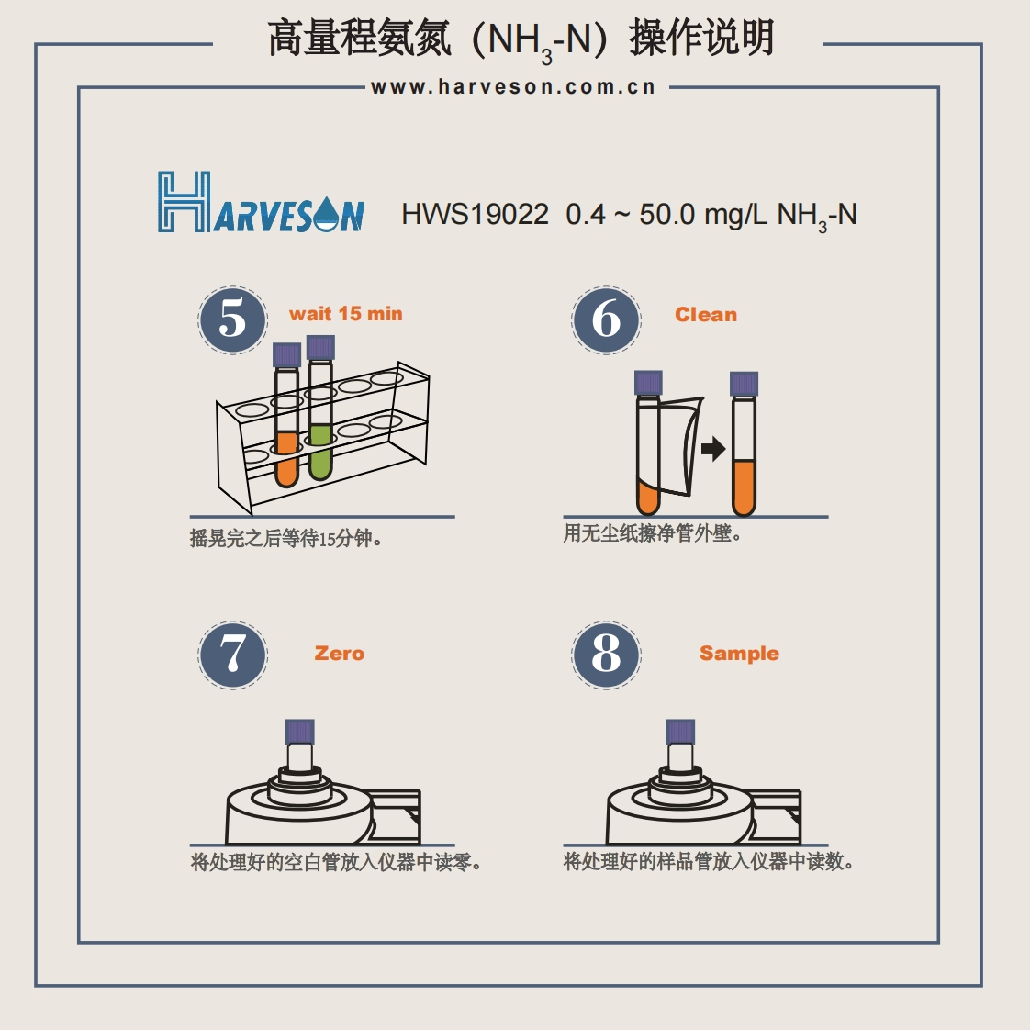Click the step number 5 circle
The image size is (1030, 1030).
click(232, 319)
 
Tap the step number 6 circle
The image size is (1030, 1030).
click(606, 319)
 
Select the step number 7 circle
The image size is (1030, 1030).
click(232, 655)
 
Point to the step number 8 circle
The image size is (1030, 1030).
click(606, 655)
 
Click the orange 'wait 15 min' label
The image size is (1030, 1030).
click(345, 314)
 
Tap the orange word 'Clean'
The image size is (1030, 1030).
click(706, 315)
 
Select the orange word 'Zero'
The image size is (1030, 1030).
click(339, 653)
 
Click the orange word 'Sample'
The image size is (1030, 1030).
click(739, 654)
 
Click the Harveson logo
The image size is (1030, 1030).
click(261, 202)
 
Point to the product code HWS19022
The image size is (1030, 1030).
click(475, 215)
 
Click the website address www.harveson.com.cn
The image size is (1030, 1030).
click(513, 87)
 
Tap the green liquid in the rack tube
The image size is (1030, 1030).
click(319, 452)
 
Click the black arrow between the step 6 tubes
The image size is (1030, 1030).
click(712, 449)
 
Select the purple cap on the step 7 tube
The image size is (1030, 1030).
click(299, 731)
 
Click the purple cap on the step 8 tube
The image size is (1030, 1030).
click(680, 731)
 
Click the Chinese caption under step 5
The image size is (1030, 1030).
click(285, 539)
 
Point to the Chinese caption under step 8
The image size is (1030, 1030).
click(708, 861)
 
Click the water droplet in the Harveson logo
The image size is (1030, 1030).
click(326, 214)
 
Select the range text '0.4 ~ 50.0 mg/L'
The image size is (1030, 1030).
click(666, 215)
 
